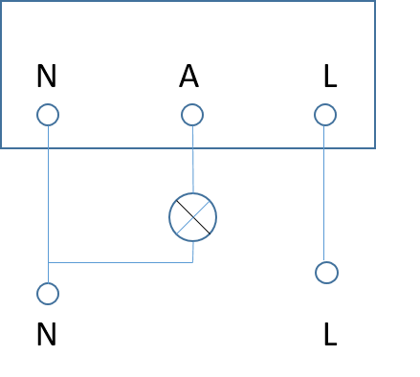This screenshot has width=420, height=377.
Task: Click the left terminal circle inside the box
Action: pyautogui.click(x=48, y=115)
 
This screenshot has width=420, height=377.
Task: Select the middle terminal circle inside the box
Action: pyautogui.click(x=192, y=115)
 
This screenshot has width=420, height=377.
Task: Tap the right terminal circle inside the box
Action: pyautogui.click(x=325, y=115)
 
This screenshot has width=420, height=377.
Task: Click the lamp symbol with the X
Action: pyautogui.click(x=193, y=217)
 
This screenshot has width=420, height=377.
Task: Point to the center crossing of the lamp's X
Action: pyautogui.click(x=193, y=217)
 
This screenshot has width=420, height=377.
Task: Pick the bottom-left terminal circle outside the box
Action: pyautogui.click(x=48, y=294)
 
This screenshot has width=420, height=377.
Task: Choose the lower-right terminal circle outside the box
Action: pyautogui.click(x=326, y=273)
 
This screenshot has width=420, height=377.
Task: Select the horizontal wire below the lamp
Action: pyautogui.click(x=120, y=262)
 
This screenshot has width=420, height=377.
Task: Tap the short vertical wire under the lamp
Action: pyautogui.click(x=193, y=252)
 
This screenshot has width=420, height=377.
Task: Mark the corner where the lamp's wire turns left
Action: pyautogui.click(x=193, y=262)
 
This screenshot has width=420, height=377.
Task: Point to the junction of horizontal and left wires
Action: pyautogui.click(x=48, y=262)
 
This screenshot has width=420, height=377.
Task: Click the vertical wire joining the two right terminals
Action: pyautogui.click(x=324, y=201)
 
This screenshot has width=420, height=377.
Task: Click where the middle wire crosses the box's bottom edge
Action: pyautogui.click(x=193, y=148)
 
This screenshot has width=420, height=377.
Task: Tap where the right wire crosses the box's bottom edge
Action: pyautogui.click(x=324, y=148)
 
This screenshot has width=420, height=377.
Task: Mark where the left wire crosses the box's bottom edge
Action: pyautogui.click(x=48, y=148)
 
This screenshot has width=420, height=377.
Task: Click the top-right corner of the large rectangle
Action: pyautogui.click(x=374, y=1)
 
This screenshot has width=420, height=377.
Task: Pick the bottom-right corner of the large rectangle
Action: pyautogui.click(x=374, y=148)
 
